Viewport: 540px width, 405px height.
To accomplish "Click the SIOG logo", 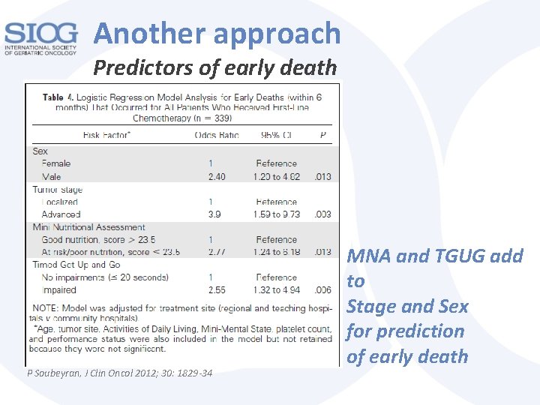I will click(40, 39).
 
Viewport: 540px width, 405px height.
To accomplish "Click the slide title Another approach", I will click(217, 33).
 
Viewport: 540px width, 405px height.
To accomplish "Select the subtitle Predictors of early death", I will click(215, 68).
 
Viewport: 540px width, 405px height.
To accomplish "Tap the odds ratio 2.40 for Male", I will click(216, 176).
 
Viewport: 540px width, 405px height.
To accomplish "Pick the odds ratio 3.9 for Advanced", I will click(214, 214).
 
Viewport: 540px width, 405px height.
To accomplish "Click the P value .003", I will click(322, 214).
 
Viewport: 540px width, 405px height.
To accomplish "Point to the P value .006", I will click(322, 290).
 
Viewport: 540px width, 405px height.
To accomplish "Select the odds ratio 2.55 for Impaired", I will click(216, 290).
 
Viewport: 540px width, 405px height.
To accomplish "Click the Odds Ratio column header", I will click(217, 135).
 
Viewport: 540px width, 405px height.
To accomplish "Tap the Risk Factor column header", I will click(107, 135).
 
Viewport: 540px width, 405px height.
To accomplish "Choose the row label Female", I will click(56, 163).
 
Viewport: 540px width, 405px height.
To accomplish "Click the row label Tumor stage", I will click(58, 190).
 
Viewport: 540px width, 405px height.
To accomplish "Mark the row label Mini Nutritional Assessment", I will click(88, 226).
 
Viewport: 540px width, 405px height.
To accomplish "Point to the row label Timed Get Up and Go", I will click(76, 264).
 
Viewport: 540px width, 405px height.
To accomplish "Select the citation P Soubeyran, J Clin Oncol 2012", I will click(119, 373).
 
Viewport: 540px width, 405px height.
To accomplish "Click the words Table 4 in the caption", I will click(63, 97).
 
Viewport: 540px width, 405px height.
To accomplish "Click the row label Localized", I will click(60, 202).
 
